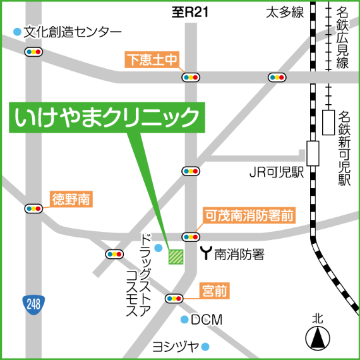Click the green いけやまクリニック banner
click(x=107, y=117)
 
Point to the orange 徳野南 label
click(x=71, y=200)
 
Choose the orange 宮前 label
click(x=214, y=291)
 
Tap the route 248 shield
click(x=33, y=304)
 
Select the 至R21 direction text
click(x=190, y=11)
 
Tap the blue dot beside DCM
click(x=184, y=320)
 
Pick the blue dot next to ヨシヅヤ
click(x=205, y=346)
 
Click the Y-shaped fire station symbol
click(x=206, y=254)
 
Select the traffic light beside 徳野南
click(x=33, y=208)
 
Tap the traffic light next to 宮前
click(x=174, y=298)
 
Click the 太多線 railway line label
click(x=285, y=11)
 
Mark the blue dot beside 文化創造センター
click(x=16, y=31)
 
